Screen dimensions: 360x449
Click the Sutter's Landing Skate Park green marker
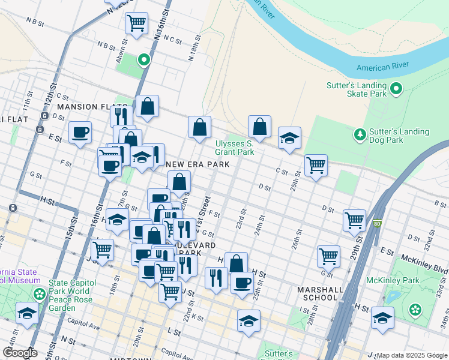click(x=396, y=90)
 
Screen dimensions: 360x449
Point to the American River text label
click(x=382, y=66)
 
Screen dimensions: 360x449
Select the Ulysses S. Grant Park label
click(x=235, y=148)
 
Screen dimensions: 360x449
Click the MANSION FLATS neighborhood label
click(x=85, y=107)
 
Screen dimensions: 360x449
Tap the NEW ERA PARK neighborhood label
click(x=190, y=164)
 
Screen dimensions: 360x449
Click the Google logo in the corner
click(x=19, y=353)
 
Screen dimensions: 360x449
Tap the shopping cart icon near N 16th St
click(x=137, y=23)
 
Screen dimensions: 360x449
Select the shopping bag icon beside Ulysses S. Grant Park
click(x=259, y=127)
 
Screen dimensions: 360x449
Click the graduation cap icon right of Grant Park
click(x=289, y=138)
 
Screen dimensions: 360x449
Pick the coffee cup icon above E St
click(x=79, y=132)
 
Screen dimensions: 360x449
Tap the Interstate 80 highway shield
click(x=377, y=224)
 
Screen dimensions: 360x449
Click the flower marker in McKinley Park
click(x=415, y=310)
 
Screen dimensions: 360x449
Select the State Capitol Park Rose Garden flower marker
click(x=40, y=294)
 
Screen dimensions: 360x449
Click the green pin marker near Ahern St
click(x=143, y=59)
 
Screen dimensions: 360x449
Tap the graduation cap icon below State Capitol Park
click(x=27, y=313)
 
